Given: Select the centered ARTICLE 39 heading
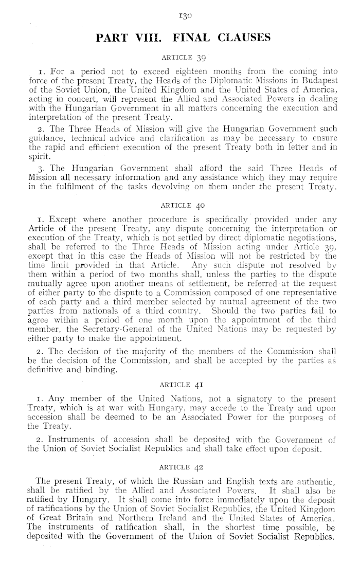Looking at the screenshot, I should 180,56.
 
